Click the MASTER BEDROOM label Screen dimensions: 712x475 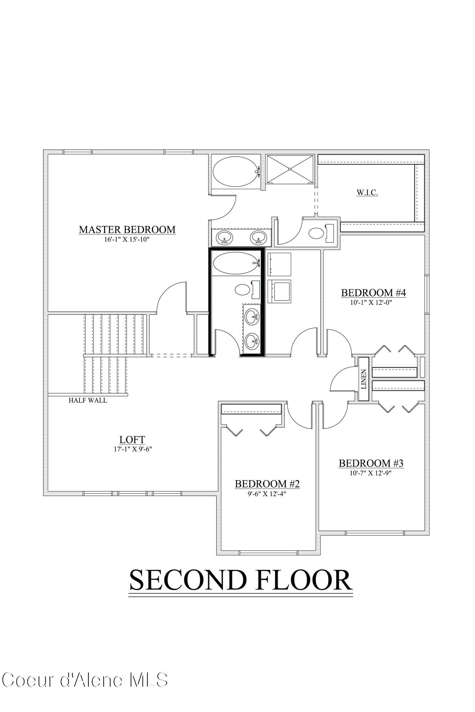pyautogui.click(x=127, y=230)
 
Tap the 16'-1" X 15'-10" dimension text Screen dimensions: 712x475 pyautogui.click(x=127, y=240)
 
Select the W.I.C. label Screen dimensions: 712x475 pyautogui.click(x=367, y=193)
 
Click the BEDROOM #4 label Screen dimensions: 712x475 pyautogui.click(x=373, y=293)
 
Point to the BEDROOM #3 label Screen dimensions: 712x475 pyautogui.click(x=371, y=463)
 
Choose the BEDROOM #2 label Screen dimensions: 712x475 pyautogui.click(x=267, y=484)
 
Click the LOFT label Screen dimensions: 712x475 pyautogui.click(x=132, y=439)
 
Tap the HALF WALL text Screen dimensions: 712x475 pyautogui.click(x=88, y=400)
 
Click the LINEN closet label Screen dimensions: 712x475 pyautogui.click(x=363, y=379)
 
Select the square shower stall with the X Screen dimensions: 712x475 pyautogui.click(x=290, y=169)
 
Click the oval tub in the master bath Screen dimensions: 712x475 pyautogui.click(x=235, y=171)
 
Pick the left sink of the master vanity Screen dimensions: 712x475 pyautogui.click(x=224, y=237)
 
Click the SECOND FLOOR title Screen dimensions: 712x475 pyautogui.click(x=241, y=580)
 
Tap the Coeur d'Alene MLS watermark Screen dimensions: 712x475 pyautogui.click(x=84, y=680)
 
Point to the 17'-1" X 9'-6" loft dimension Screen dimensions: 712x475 pyautogui.click(x=133, y=449)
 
